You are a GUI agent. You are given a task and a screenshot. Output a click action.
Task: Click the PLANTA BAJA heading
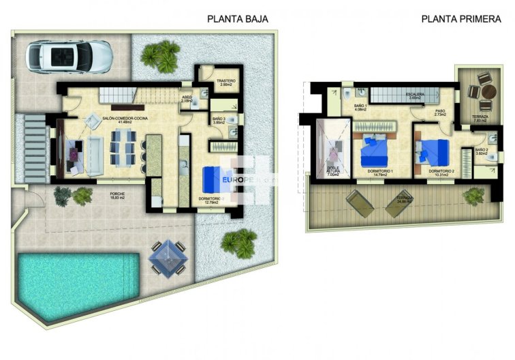pos(237,19)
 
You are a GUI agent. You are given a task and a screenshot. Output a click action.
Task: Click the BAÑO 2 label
pos(481,151)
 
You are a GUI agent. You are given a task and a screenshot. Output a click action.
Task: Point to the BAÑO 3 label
pos(219,121)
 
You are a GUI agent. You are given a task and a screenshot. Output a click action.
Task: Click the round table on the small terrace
pos(487,93)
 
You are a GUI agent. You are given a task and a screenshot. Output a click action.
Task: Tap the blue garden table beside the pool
pos(166,256)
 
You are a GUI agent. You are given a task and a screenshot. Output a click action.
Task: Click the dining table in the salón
pos(123,148)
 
